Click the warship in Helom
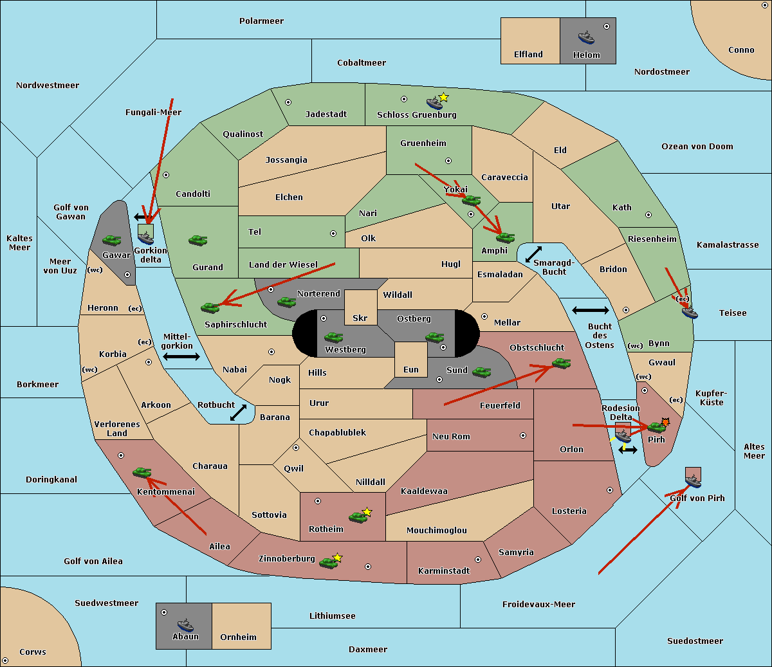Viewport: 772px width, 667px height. point(586,37)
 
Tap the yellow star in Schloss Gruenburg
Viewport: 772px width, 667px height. point(443,98)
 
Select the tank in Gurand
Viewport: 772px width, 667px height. point(198,240)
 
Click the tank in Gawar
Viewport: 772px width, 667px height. point(111,240)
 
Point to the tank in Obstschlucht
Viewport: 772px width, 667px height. point(561,363)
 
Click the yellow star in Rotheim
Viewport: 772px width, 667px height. point(367,511)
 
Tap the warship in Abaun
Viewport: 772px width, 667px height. point(185,625)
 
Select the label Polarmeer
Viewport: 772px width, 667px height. point(261,21)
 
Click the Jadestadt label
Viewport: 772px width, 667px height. point(326,114)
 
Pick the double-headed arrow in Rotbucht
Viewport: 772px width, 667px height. point(238,412)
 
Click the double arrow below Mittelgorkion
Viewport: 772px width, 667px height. point(181,356)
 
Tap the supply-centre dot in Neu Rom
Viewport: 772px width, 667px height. point(523,435)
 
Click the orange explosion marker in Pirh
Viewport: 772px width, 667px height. point(665,422)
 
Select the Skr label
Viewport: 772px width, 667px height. point(360,318)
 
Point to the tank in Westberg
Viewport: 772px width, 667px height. point(333,337)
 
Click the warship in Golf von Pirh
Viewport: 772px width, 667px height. point(694,480)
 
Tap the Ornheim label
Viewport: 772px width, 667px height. point(238,637)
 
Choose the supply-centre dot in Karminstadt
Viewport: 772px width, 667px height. point(478,560)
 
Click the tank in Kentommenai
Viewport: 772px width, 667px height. point(142,472)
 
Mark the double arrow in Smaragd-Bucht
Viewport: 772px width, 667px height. point(533,254)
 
